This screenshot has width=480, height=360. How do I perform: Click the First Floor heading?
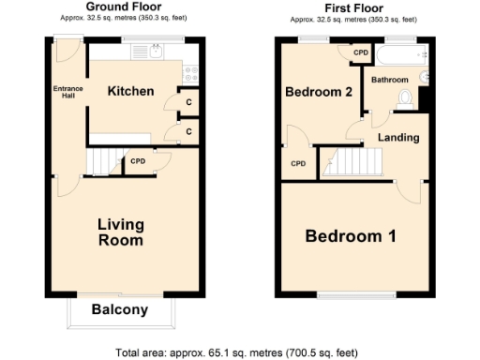[353, 7]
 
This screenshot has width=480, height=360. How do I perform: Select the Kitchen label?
[130, 91]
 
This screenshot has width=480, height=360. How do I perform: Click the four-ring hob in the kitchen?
[189, 70]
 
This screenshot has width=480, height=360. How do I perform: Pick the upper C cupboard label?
[188, 102]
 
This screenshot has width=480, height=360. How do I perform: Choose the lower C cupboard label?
[188, 131]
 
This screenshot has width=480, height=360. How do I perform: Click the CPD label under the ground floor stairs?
[139, 160]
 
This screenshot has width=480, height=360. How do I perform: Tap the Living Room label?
[121, 232]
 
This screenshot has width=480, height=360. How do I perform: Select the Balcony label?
[120, 309]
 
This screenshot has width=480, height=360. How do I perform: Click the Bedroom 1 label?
[350, 235]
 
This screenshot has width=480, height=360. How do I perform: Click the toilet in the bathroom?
[405, 97]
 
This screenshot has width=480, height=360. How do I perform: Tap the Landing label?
[397, 138]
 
